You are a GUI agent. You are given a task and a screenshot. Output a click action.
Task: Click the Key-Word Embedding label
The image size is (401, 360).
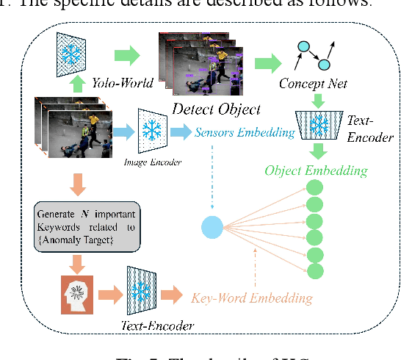point(252,298)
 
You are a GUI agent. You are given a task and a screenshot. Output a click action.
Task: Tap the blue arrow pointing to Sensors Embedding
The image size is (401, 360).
point(179,132)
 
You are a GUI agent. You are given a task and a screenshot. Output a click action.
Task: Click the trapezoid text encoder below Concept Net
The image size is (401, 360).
point(319,124)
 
